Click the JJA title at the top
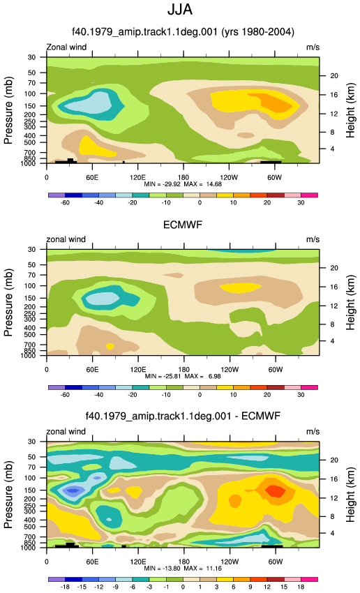point(180,10)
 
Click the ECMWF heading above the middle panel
point(183,225)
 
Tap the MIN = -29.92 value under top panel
point(163,184)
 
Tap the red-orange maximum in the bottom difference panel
point(275,490)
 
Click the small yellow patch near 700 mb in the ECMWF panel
point(110,346)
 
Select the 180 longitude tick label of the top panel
point(183,177)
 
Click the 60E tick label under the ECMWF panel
point(92,370)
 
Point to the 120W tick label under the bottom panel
point(229,562)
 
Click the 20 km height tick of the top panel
point(334,75)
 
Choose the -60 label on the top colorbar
point(65,203)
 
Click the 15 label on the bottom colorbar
point(284,587)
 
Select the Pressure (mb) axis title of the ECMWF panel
point(8,303)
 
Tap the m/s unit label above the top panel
point(313,47)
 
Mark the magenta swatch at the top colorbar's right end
point(309,195)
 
